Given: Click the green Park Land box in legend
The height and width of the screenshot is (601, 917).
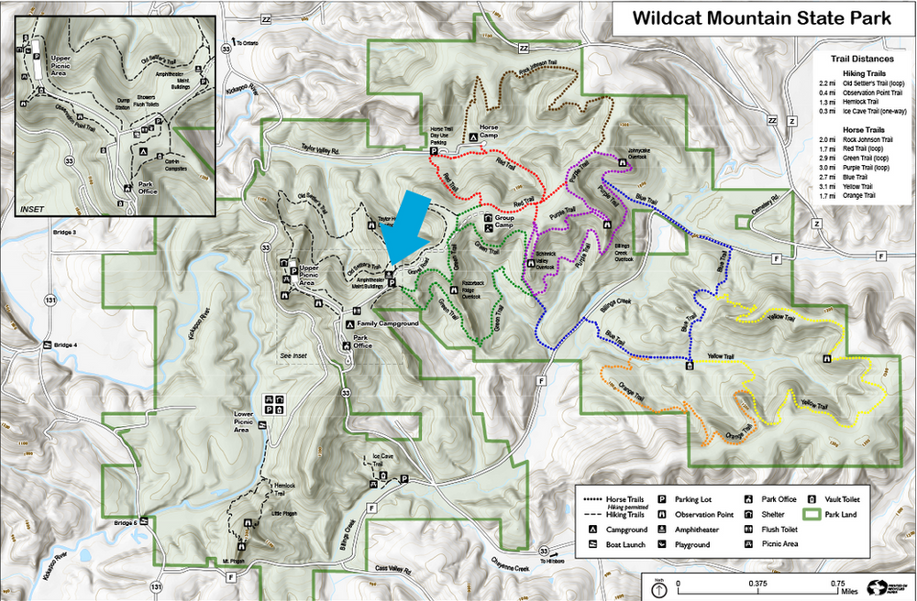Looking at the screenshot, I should click(x=813, y=515).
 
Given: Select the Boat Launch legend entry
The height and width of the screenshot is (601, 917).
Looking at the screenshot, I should click(x=623, y=544).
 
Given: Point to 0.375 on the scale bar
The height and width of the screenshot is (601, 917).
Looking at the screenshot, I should click(x=757, y=584).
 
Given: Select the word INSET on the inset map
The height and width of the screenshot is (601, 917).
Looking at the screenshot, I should click(x=31, y=210).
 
